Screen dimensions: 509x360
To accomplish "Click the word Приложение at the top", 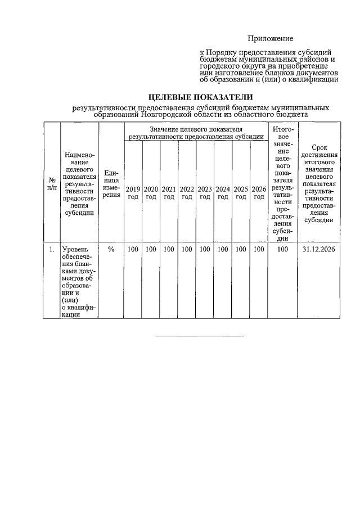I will [271, 38].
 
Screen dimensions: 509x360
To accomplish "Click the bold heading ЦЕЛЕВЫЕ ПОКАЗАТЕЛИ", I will [200, 97].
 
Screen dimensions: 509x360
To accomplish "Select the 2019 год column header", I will [133, 192].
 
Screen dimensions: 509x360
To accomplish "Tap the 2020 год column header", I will [151, 192].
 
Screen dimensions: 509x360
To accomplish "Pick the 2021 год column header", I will [169, 192].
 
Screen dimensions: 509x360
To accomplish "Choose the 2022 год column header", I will [187, 192].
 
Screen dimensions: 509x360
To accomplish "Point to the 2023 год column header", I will [205, 192].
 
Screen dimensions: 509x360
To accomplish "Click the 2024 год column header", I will [223, 192].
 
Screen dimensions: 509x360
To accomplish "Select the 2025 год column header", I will [241, 192].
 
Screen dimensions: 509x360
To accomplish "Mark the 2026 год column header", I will [259, 192].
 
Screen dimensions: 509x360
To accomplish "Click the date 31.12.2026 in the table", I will [318, 249].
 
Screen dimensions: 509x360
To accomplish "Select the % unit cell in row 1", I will [111, 249].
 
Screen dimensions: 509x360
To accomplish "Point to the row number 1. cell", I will [51, 249].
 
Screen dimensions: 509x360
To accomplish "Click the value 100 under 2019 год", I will [133, 249].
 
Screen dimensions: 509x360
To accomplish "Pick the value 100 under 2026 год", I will [259, 249].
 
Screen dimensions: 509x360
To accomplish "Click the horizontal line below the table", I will [199, 337].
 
